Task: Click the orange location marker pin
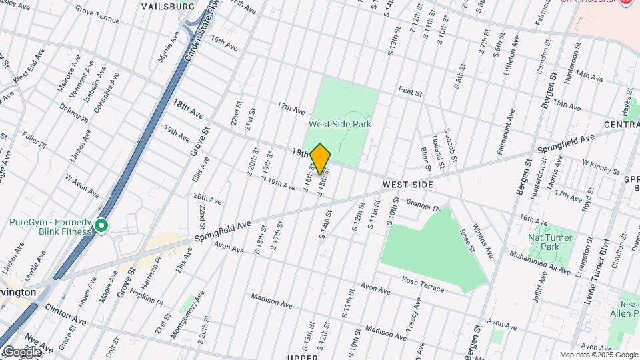tap(321, 159)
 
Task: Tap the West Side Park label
tap(340, 124)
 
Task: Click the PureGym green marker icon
tap(101, 227)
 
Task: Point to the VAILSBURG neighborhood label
tap(168, 6)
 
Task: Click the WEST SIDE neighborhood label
tap(408, 185)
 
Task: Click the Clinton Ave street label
tap(65, 314)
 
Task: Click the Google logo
tap(22, 351)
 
